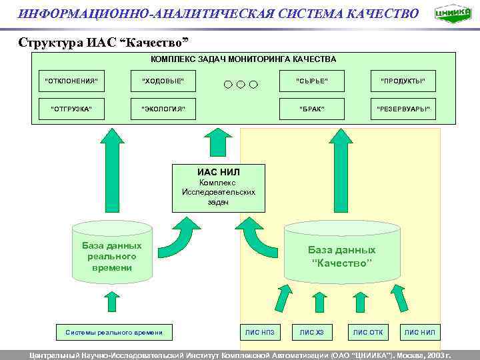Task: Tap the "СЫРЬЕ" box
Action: click(311, 81)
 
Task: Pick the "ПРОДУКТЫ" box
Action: click(403, 81)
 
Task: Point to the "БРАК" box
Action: click(311, 109)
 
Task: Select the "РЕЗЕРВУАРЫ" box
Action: click(403, 109)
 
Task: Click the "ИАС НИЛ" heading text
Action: click(218, 172)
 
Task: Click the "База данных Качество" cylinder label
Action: click(341, 256)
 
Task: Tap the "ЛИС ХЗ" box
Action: click(311, 331)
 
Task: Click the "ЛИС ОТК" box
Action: click(367, 331)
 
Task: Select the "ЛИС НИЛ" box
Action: click(419, 331)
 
